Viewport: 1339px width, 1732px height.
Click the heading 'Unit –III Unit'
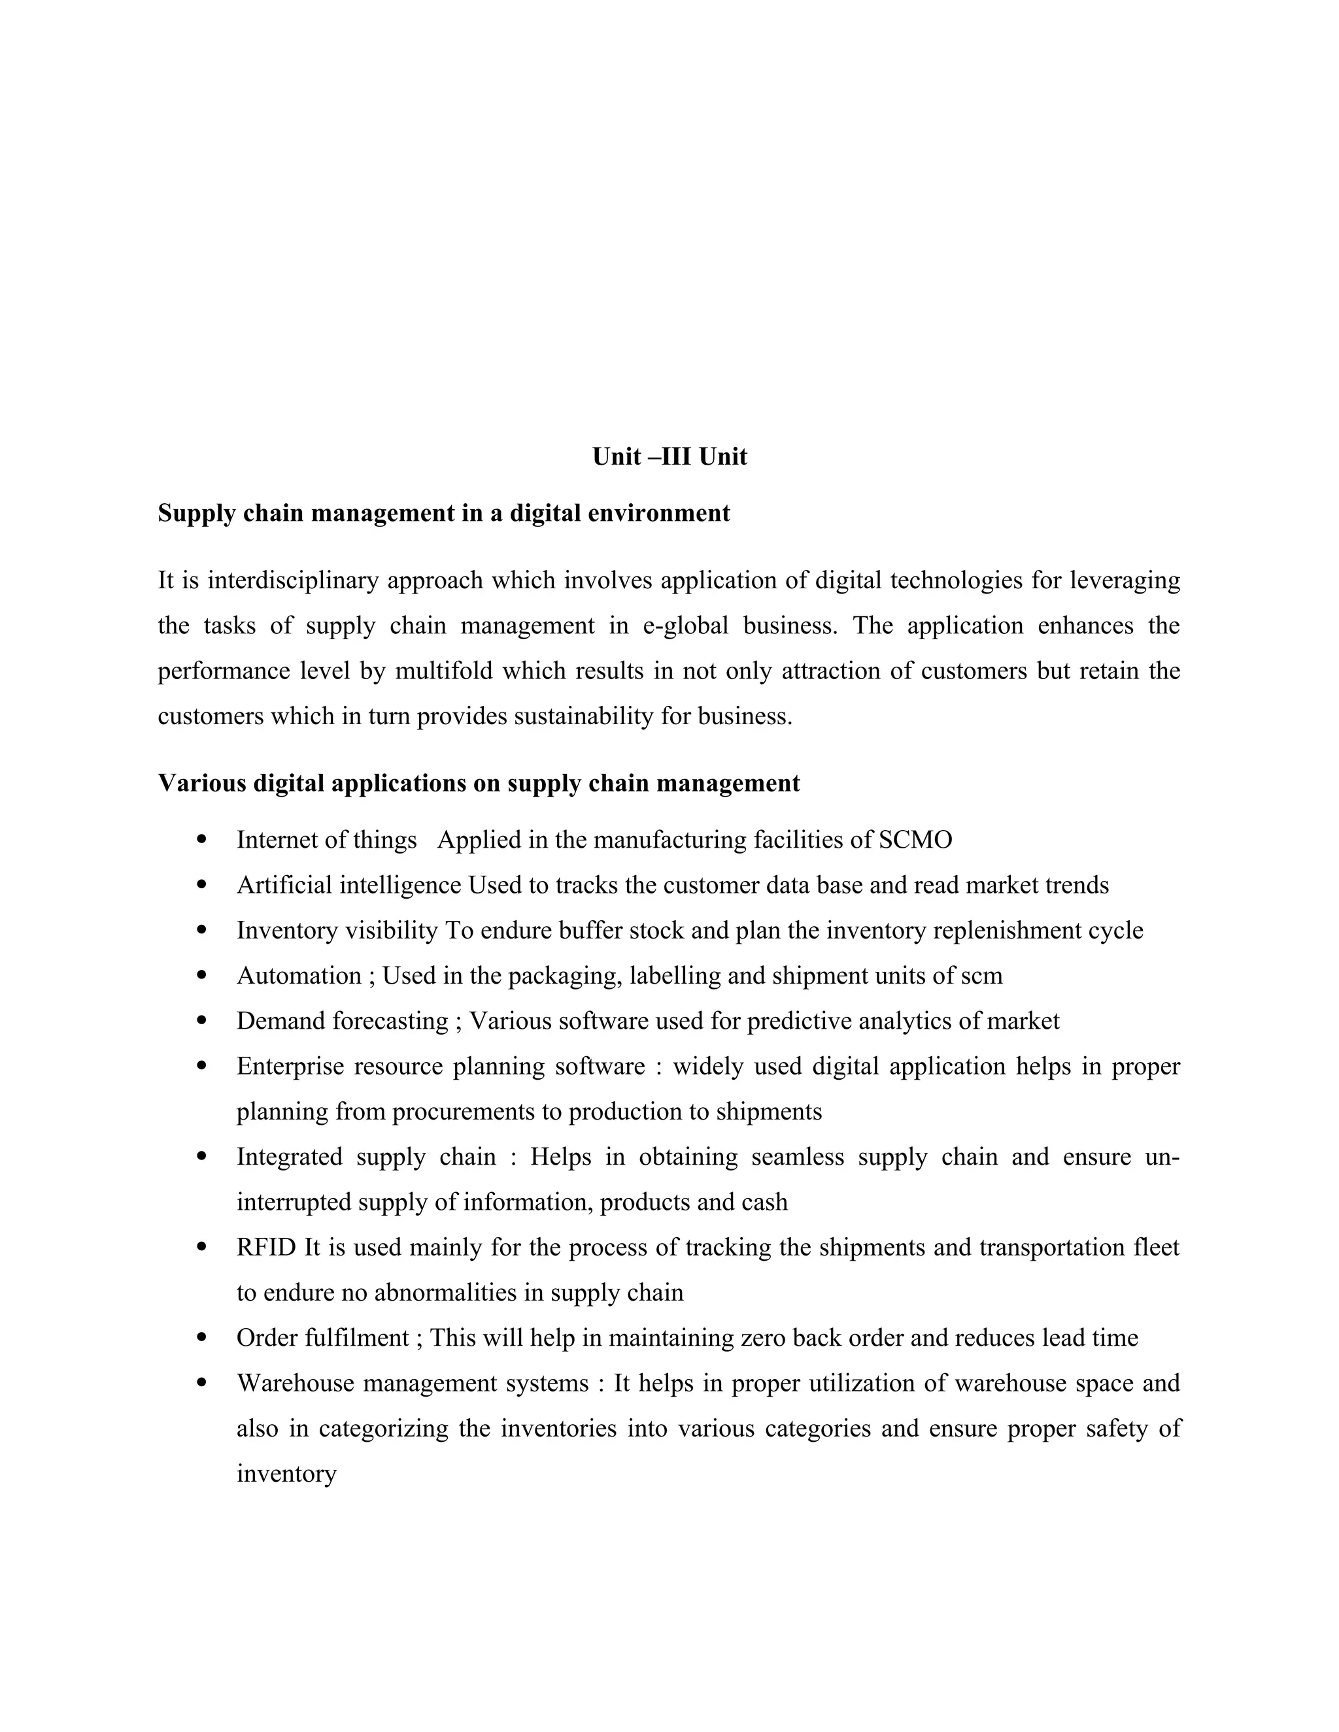[669, 457]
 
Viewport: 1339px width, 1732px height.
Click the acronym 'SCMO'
[915, 840]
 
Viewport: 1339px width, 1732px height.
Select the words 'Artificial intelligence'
[348, 885]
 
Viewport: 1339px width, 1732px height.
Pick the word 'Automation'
[299, 975]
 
